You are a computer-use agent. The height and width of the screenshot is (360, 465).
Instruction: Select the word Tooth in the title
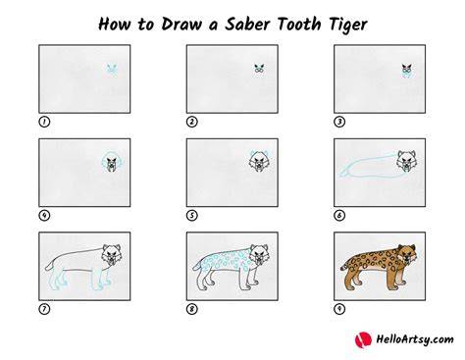point(299,24)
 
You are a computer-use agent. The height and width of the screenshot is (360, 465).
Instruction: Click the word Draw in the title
point(181,24)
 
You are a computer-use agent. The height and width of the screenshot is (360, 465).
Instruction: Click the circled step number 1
point(44,122)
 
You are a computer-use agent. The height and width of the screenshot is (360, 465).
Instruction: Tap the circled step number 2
point(192,122)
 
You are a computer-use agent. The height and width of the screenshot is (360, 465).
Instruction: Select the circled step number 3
point(339,122)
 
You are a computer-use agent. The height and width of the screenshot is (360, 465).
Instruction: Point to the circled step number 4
point(44,216)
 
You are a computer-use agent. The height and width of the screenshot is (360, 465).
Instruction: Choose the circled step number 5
point(192,216)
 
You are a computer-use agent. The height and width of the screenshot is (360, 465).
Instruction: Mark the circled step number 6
point(339,216)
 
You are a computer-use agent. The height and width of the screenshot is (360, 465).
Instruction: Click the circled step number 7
point(44,309)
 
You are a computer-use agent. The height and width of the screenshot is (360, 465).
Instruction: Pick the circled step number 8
point(192,309)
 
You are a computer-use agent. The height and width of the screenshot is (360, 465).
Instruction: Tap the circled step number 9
point(339,309)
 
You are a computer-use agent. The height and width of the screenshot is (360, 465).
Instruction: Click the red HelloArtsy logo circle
point(363,340)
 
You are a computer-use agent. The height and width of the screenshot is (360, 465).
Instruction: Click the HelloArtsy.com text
point(415,340)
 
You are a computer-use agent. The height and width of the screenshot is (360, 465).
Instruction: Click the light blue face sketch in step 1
point(112,70)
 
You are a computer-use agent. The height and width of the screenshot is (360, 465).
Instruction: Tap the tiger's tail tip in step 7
point(47,268)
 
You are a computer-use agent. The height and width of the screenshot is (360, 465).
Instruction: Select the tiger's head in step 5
point(259,161)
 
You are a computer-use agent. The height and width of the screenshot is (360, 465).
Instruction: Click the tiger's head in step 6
point(406,161)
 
